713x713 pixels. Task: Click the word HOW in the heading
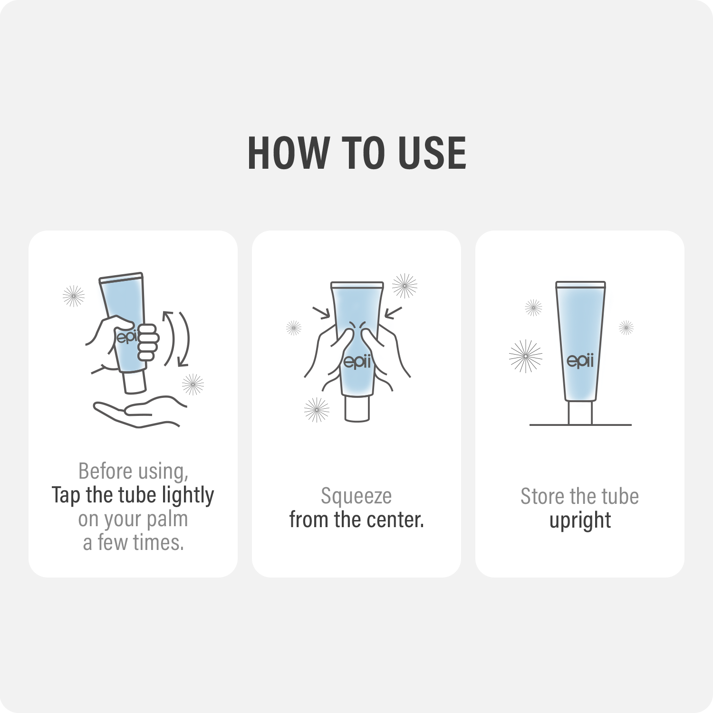pyautogui.click(x=289, y=153)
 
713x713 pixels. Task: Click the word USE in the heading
pyautogui.click(x=432, y=153)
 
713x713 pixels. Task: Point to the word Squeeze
pyautogui.click(x=356, y=497)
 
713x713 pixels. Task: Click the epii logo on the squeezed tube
pyautogui.click(x=356, y=361)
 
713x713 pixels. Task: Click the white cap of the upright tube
pyautogui.click(x=580, y=412)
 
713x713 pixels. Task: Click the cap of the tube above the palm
pyautogui.click(x=134, y=382)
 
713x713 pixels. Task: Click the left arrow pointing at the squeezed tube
pyautogui.click(x=322, y=313)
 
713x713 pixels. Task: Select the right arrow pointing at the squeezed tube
pyautogui.click(x=393, y=313)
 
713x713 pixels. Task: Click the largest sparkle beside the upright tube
pyautogui.click(x=525, y=356)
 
